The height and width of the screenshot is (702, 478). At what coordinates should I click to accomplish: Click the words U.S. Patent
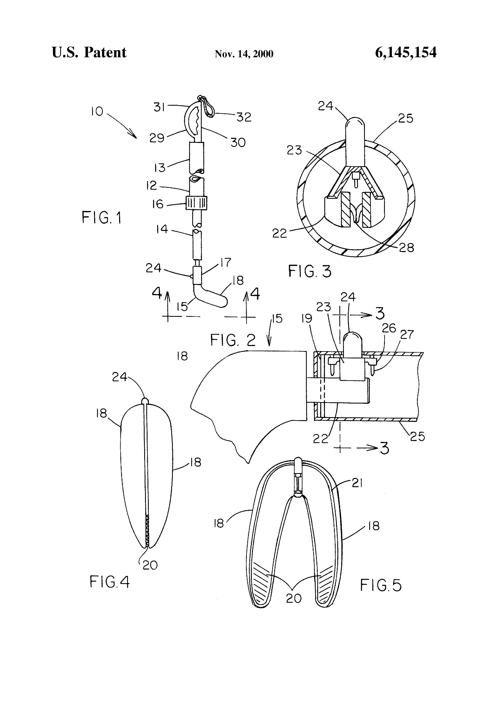[89, 53]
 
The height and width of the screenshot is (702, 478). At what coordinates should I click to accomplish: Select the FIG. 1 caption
[102, 218]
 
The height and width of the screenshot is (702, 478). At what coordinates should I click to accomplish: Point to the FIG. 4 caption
[110, 581]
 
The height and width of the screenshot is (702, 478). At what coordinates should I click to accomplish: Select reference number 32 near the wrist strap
[244, 117]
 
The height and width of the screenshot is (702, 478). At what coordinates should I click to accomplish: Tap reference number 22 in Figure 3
[280, 233]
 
